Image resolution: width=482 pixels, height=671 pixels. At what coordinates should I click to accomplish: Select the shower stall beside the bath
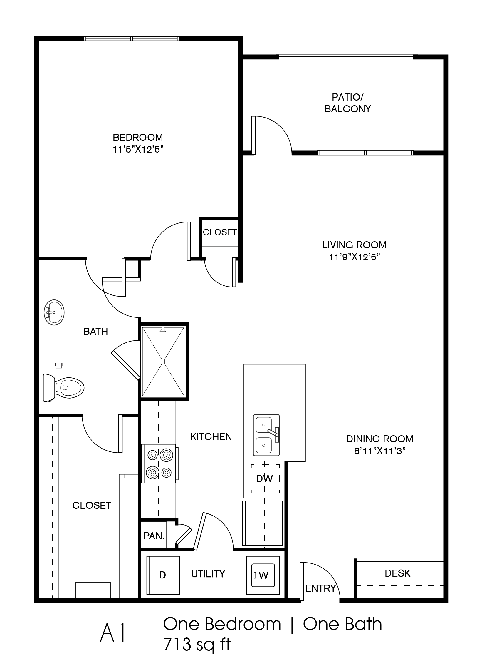click(163, 361)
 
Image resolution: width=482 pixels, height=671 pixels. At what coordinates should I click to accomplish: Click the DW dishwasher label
click(265, 478)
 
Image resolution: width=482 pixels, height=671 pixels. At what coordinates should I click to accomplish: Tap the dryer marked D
click(163, 575)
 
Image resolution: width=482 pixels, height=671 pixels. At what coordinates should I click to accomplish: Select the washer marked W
click(263, 575)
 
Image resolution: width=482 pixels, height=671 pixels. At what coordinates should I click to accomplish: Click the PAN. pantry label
click(154, 536)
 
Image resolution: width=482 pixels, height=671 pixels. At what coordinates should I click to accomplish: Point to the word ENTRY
click(320, 588)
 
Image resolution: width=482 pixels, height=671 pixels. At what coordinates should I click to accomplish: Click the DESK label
click(398, 573)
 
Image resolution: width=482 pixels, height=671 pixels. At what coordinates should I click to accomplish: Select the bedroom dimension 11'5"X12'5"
click(138, 150)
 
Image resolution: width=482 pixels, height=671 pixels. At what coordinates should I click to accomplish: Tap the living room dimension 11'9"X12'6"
click(354, 257)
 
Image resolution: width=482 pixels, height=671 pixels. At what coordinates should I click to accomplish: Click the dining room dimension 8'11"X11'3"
click(380, 451)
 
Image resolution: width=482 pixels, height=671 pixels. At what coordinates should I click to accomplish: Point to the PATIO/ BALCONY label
click(347, 103)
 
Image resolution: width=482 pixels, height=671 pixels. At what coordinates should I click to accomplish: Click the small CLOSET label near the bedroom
click(220, 232)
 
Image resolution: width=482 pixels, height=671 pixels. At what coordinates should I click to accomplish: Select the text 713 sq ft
click(197, 644)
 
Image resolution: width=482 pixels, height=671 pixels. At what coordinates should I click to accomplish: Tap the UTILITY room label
click(208, 574)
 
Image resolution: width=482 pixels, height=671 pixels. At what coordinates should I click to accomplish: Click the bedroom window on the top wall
click(132, 39)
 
